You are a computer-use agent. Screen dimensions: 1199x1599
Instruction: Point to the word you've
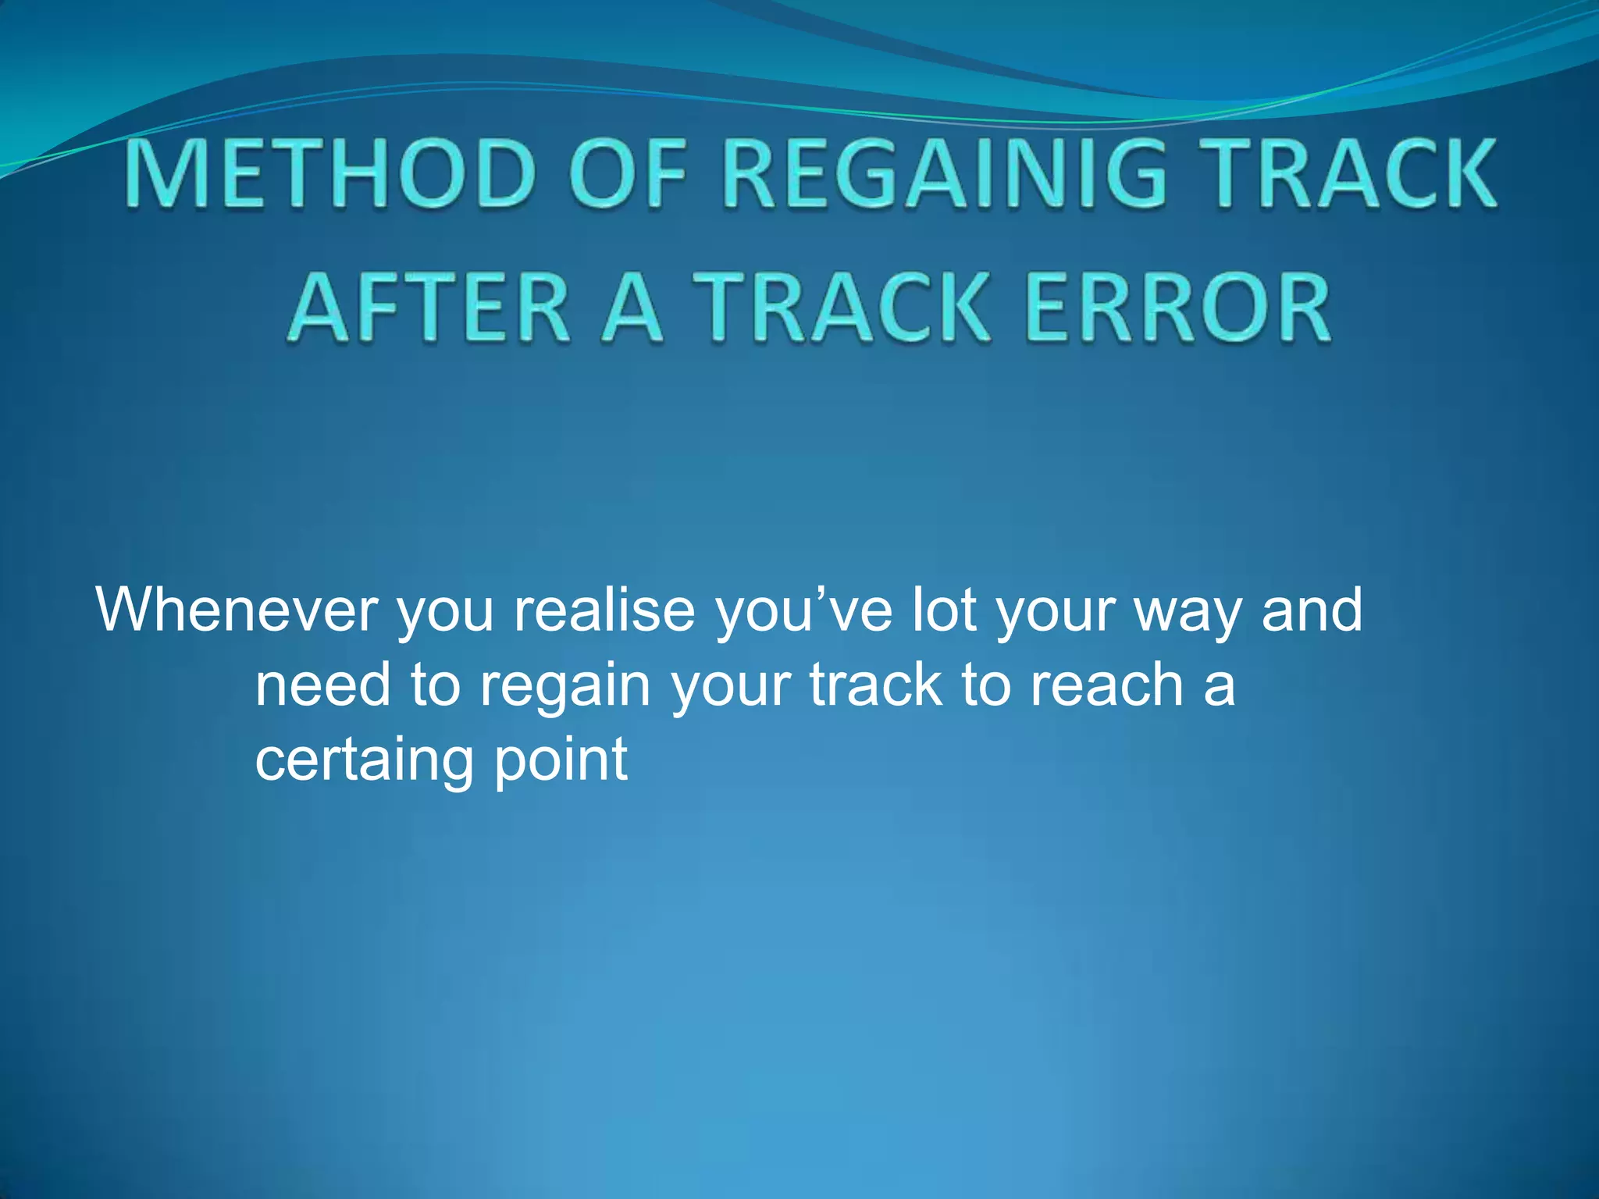tap(804, 611)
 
